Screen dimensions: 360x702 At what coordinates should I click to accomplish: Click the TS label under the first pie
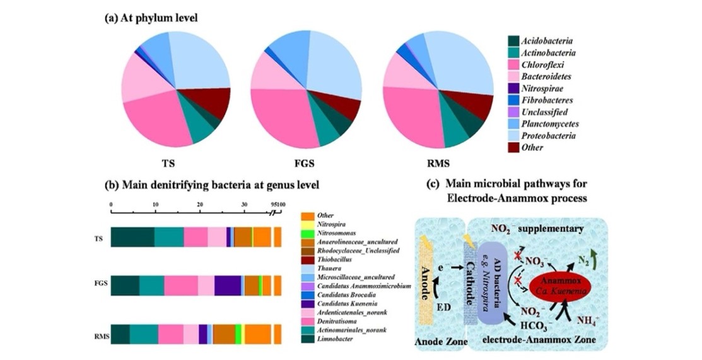pos(168,162)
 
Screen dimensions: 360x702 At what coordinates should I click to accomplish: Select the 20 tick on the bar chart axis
pos(200,206)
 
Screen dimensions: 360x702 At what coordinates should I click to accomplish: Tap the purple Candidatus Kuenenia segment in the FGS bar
pos(227,286)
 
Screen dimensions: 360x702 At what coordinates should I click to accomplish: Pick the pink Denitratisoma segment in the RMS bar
pos(170,334)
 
